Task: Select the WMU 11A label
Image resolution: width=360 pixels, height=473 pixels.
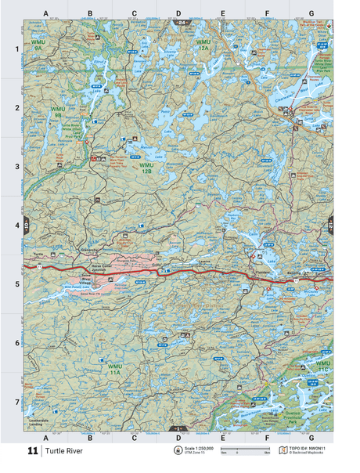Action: click(115, 369)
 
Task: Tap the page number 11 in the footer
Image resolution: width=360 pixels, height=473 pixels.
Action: click(32, 451)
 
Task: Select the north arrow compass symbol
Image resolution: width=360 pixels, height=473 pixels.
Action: click(176, 451)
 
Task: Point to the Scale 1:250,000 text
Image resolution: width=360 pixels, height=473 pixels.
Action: click(199, 448)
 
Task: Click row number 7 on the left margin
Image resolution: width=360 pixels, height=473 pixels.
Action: click(16, 402)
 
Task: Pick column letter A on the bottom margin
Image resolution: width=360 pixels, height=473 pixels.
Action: click(46, 437)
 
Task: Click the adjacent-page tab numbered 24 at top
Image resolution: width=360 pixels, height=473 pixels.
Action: click(181, 24)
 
